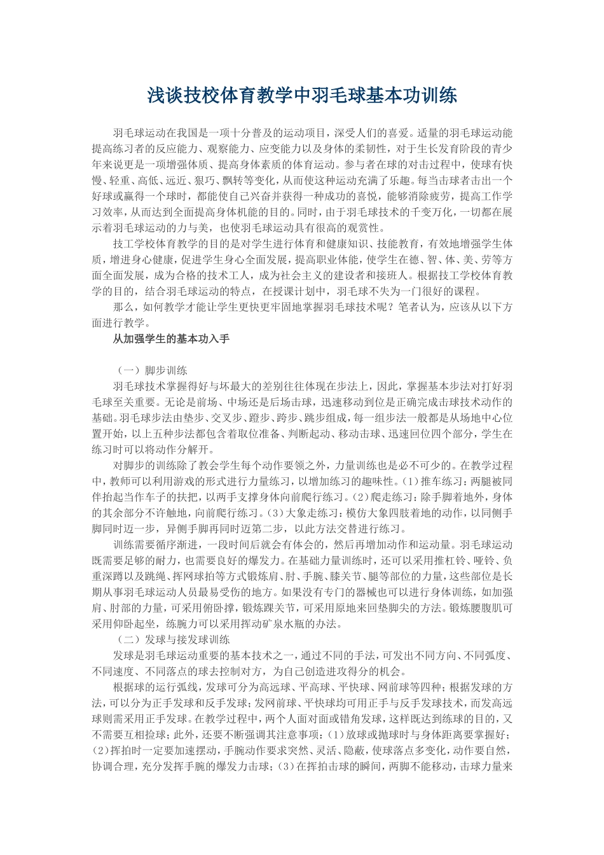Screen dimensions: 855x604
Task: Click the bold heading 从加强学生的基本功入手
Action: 171,339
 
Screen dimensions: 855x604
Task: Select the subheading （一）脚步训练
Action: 151,371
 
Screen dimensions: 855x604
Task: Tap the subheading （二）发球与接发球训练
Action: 173,639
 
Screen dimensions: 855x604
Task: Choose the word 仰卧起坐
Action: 135,623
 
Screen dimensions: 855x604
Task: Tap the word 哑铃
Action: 484,560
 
